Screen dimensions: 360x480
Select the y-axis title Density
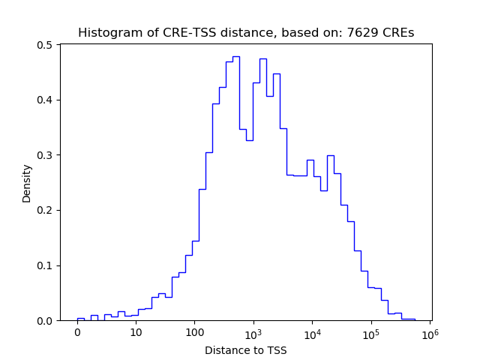(x=27, y=183)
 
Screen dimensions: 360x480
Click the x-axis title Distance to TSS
(x=246, y=350)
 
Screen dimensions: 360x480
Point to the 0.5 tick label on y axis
(x=45, y=45)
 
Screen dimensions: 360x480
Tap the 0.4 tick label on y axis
(x=45, y=100)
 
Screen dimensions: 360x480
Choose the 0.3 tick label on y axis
(x=45, y=155)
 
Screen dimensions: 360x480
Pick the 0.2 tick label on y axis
(x=45, y=211)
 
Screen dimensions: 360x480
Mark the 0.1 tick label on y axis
(x=45, y=265)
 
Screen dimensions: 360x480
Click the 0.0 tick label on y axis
(x=45, y=321)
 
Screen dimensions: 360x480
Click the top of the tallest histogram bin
(x=235, y=56)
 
